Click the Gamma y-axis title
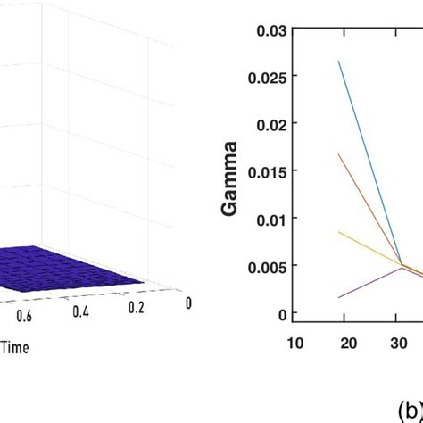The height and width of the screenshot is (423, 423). pos(229,171)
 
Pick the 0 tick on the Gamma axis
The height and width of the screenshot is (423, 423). pos(283,313)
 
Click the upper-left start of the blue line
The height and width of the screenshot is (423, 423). pos(339,61)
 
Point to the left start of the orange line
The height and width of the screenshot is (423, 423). pos(339,154)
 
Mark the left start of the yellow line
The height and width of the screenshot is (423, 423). pos(339,232)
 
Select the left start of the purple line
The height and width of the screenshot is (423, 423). pos(339,297)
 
